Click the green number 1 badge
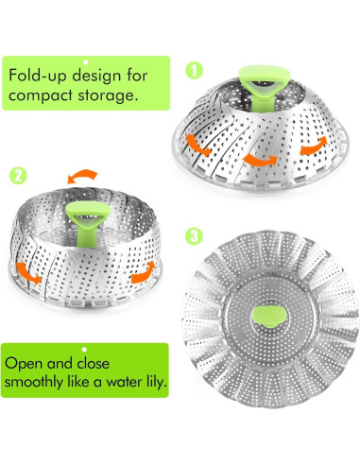(194, 69)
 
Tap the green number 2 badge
(19, 176)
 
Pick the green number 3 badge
(194, 234)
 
